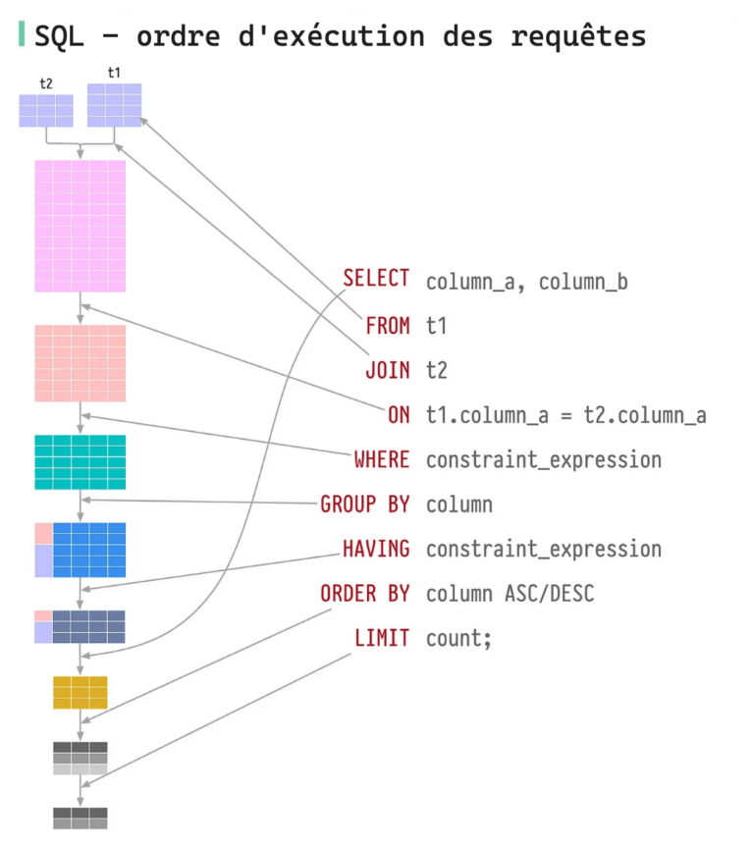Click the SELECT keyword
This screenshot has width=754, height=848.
click(376, 279)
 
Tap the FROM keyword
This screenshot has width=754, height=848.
click(388, 326)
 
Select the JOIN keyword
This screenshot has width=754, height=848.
click(388, 370)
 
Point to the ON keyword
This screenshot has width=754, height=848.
click(400, 415)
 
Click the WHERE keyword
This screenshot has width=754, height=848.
click(382, 459)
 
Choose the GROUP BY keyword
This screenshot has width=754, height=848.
click(365, 504)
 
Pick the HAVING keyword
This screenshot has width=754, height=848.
click(376, 549)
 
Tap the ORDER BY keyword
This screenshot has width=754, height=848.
click(365, 594)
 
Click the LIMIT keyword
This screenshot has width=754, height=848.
click(382, 638)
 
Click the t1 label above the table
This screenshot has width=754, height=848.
click(114, 73)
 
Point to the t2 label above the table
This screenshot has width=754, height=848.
click(46, 83)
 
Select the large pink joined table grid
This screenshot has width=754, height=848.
click(81, 226)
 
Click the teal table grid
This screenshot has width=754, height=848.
click(81, 462)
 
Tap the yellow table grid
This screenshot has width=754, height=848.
click(81, 692)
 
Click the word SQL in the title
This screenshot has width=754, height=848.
click(60, 36)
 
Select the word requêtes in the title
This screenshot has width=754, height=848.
click(578, 36)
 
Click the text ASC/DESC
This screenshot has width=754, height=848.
click(549, 594)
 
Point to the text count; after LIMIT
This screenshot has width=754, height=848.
click(458, 639)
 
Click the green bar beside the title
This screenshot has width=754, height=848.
click(22, 34)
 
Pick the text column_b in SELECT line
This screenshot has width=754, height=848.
click(583, 283)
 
